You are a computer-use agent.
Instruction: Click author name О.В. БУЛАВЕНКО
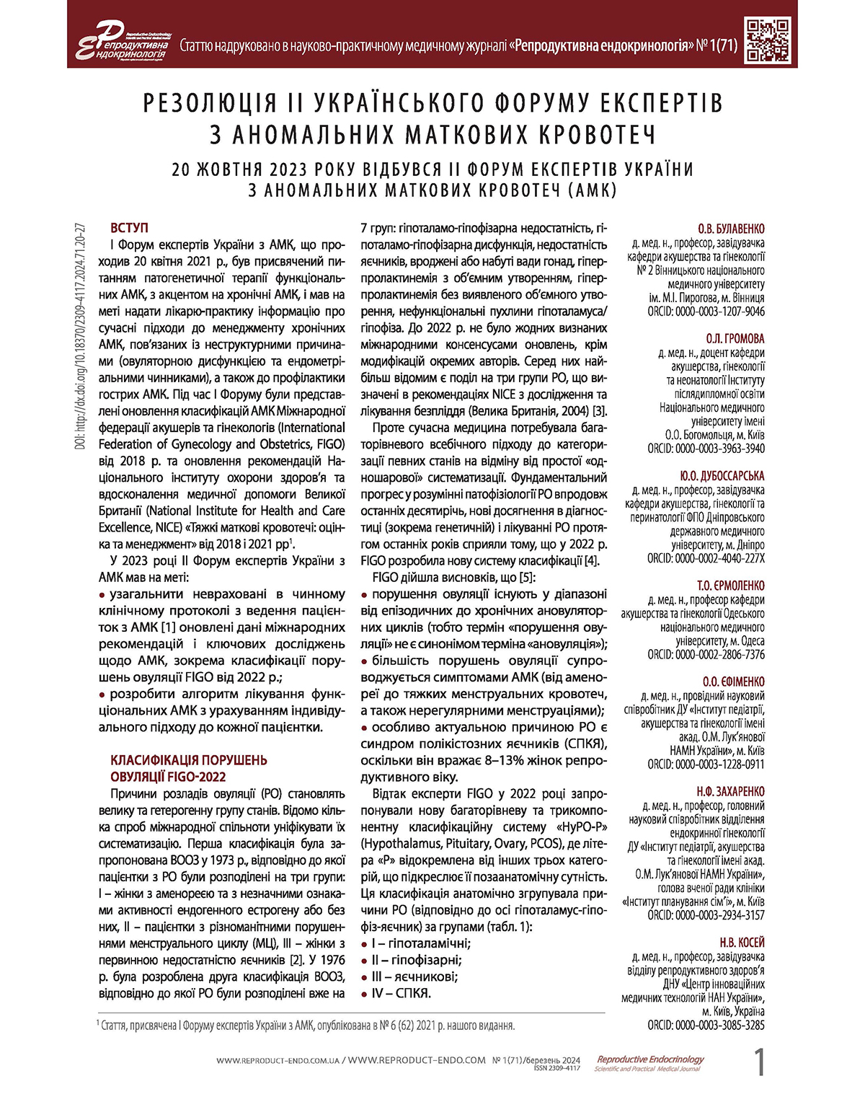tap(731, 229)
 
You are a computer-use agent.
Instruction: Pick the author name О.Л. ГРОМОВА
tap(735, 338)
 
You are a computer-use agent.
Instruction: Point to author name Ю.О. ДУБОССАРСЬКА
tap(722, 476)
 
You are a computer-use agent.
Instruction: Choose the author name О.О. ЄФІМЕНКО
tap(733, 682)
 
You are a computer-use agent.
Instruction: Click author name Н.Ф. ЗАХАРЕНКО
tap(730, 791)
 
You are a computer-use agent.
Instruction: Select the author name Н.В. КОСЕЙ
tap(742, 943)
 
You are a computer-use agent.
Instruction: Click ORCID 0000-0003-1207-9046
tap(706, 312)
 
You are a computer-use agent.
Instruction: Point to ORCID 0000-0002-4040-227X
tap(706, 558)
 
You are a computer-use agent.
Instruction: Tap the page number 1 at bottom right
tap(759, 1063)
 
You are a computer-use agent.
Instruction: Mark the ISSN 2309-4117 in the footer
tap(556, 1068)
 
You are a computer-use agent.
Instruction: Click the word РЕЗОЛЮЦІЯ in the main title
tap(209, 103)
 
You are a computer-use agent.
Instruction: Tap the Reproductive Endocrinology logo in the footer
tap(649, 1063)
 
